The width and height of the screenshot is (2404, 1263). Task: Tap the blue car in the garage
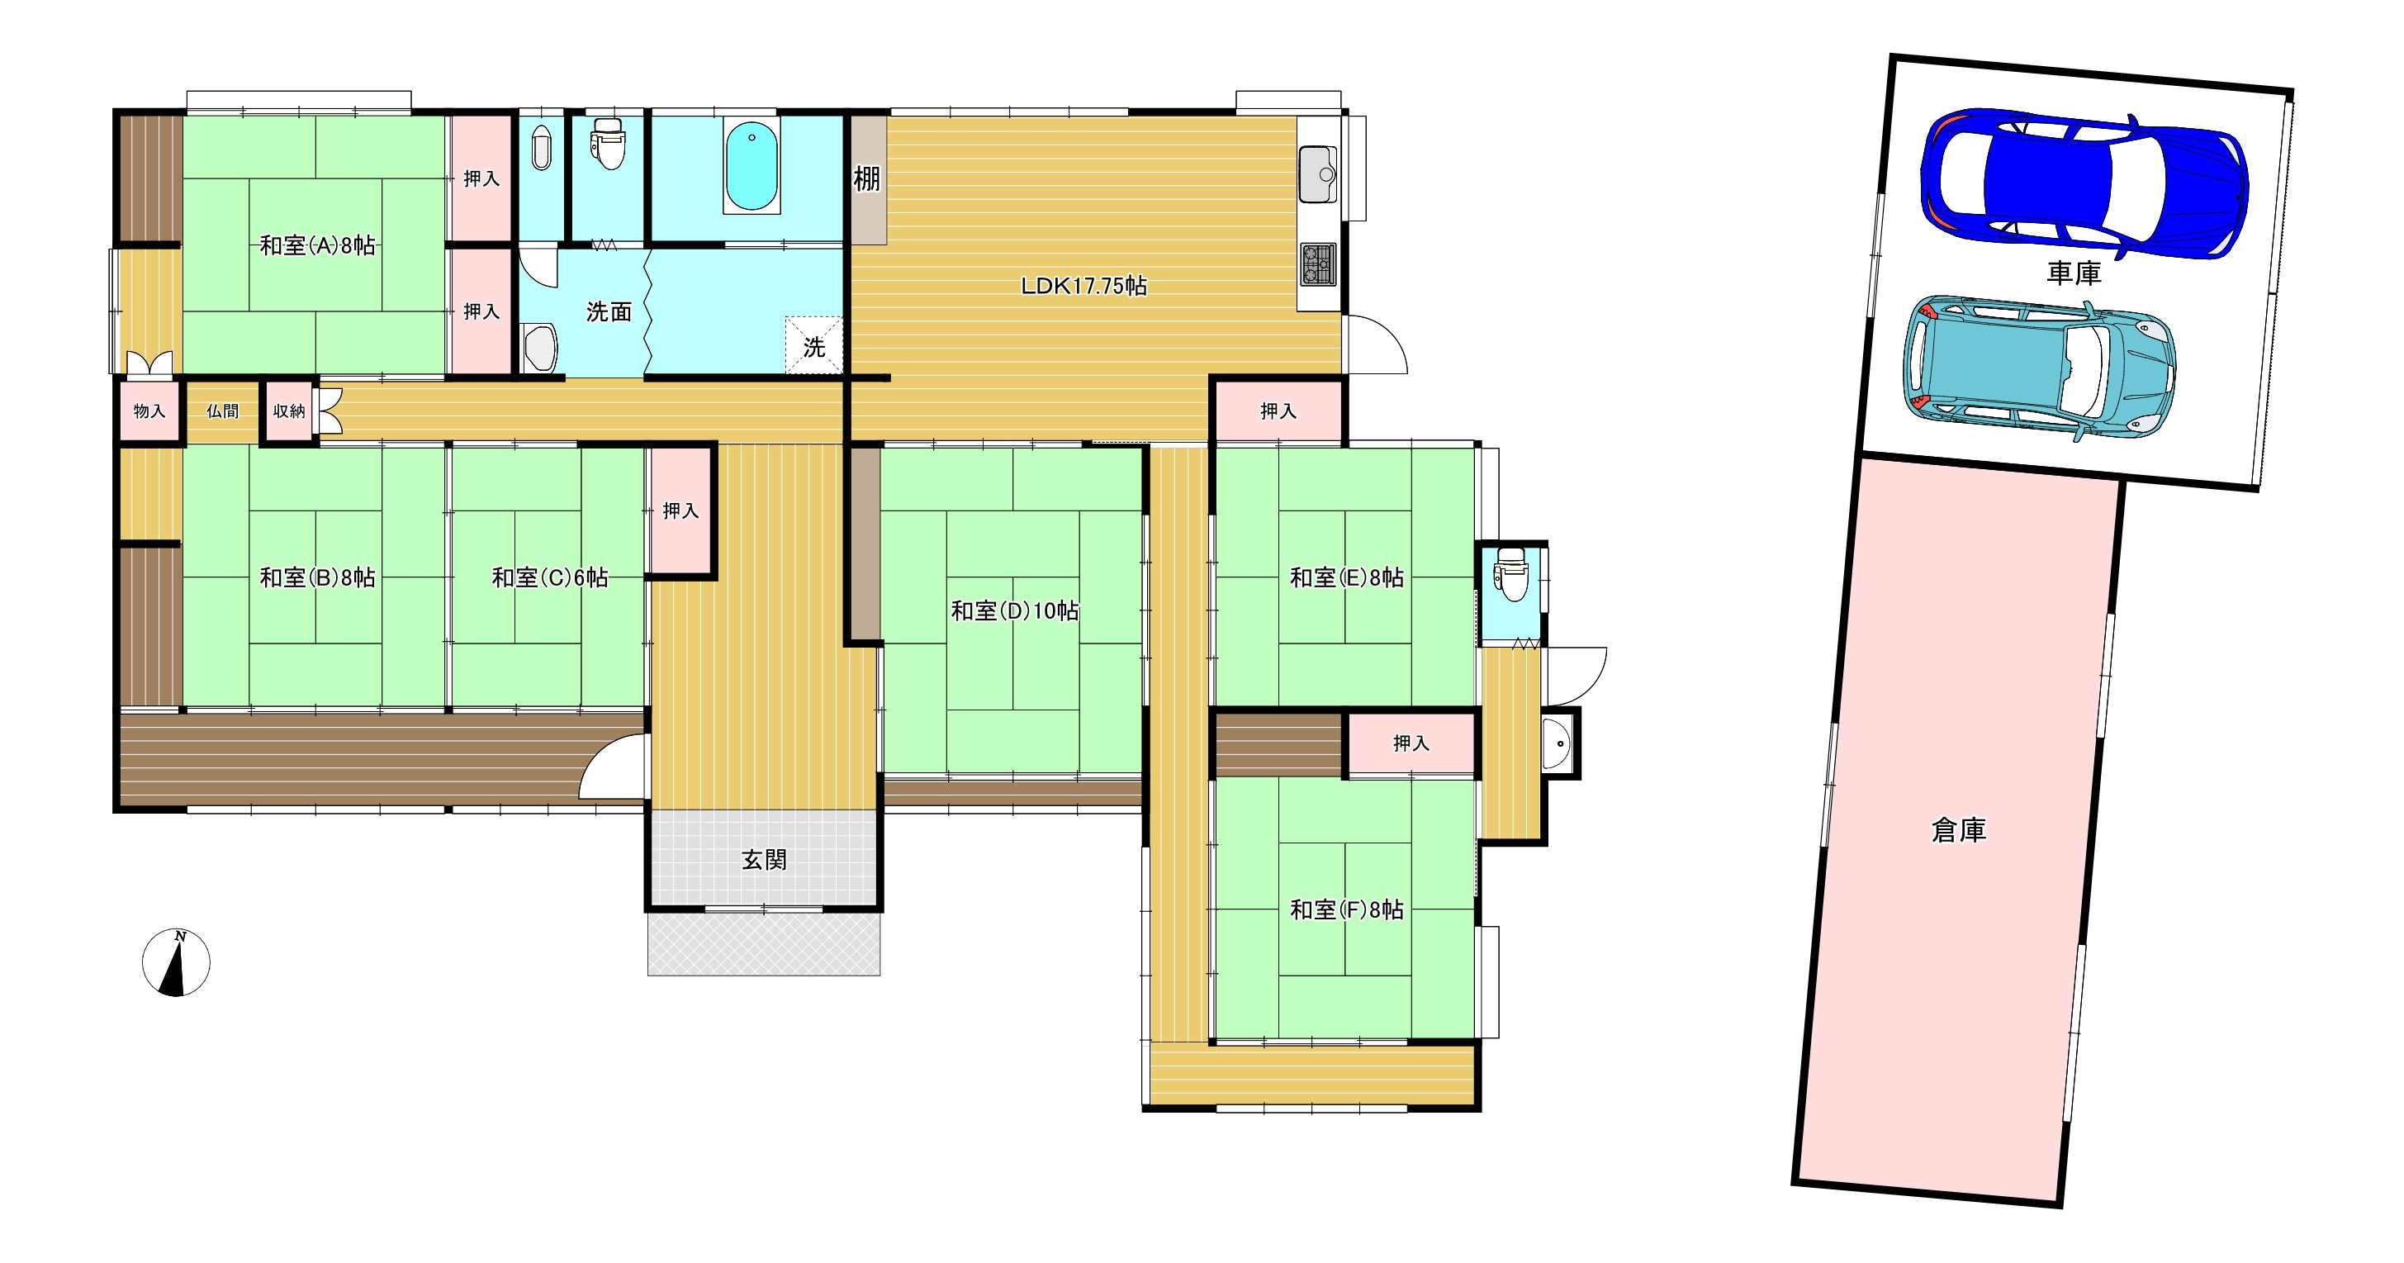(x=2084, y=184)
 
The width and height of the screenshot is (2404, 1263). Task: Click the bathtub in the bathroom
(x=752, y=166)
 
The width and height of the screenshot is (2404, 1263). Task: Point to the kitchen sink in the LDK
(x=1318, y=173)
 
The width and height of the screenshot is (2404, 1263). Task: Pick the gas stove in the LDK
(x=1319, y=264)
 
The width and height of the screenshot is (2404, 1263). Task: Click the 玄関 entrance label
(x=765, y=860)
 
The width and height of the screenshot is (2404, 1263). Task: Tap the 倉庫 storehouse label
(x=1959, y=830)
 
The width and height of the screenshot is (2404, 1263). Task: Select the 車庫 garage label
(x=2074, y=273)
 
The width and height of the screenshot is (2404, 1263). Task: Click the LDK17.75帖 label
(x=1083, y=286)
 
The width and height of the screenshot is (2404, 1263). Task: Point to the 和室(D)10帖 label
(x=1014, y=610)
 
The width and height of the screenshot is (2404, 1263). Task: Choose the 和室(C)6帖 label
(x=550, y=578)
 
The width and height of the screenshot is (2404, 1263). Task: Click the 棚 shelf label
(x=867, y=178)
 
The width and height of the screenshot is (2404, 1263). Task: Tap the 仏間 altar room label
(x=222, y=411)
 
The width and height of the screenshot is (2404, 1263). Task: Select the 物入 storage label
(x=149, y=411)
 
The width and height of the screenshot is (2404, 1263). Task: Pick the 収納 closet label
(x=289, y=411)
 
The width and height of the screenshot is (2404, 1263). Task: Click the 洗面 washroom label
(x=609, y=311)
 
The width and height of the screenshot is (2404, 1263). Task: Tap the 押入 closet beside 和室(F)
(x=1411, y=743)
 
